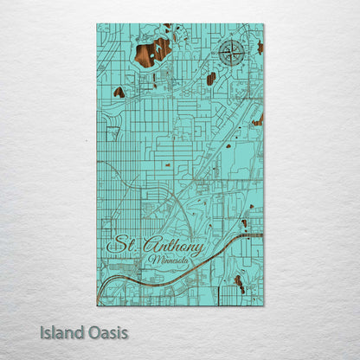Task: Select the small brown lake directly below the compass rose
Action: click(x=211, y=79)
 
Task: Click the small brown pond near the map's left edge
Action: click(x=119, y=92)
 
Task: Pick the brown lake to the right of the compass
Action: click(x=259, y=47)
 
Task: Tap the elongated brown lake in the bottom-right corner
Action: click(x=239, y=284)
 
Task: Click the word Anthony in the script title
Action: click(x=176, y=247)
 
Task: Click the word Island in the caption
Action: click(x=60, y=331)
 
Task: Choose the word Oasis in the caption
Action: click(x=106, y=331)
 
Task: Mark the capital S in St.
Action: click(x=115, y=245)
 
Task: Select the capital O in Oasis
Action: click(x=91, y=331)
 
